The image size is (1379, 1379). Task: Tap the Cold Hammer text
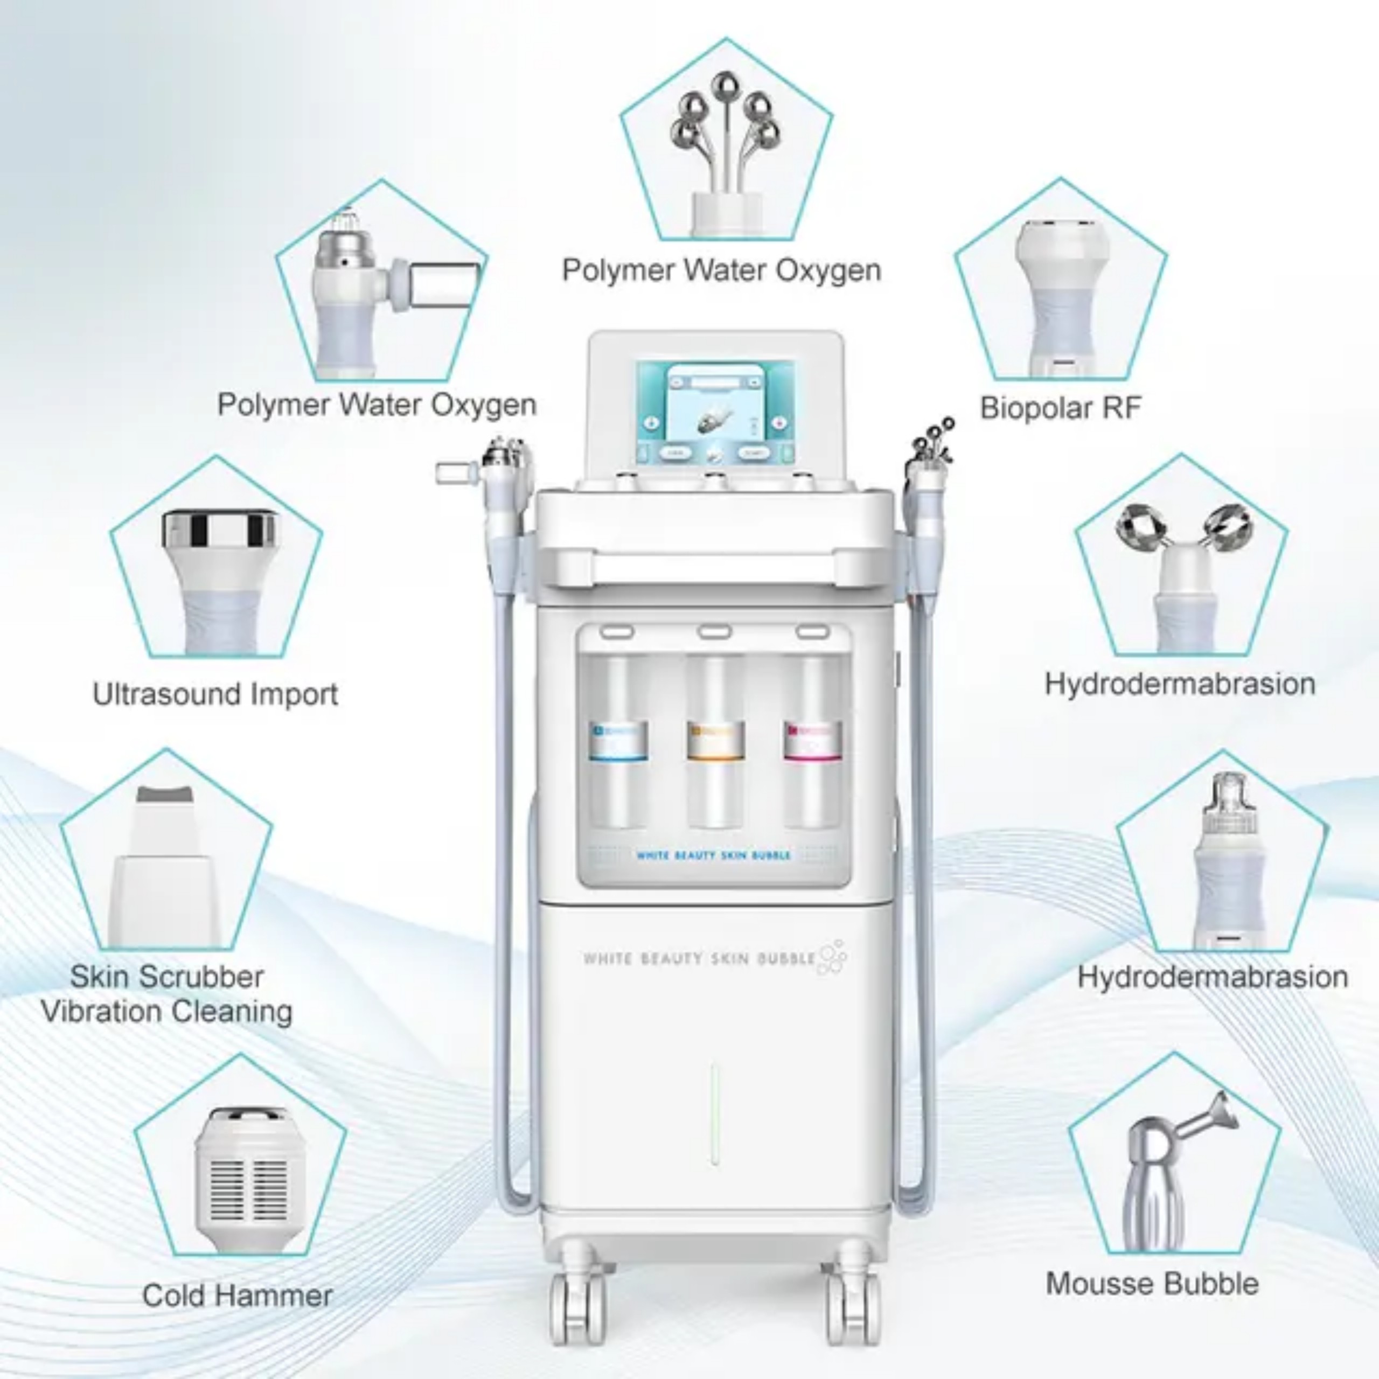[x=237, y=1296]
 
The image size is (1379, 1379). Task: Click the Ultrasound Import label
[x=215, y=694]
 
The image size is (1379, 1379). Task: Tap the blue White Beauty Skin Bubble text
[x=713, y=854]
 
